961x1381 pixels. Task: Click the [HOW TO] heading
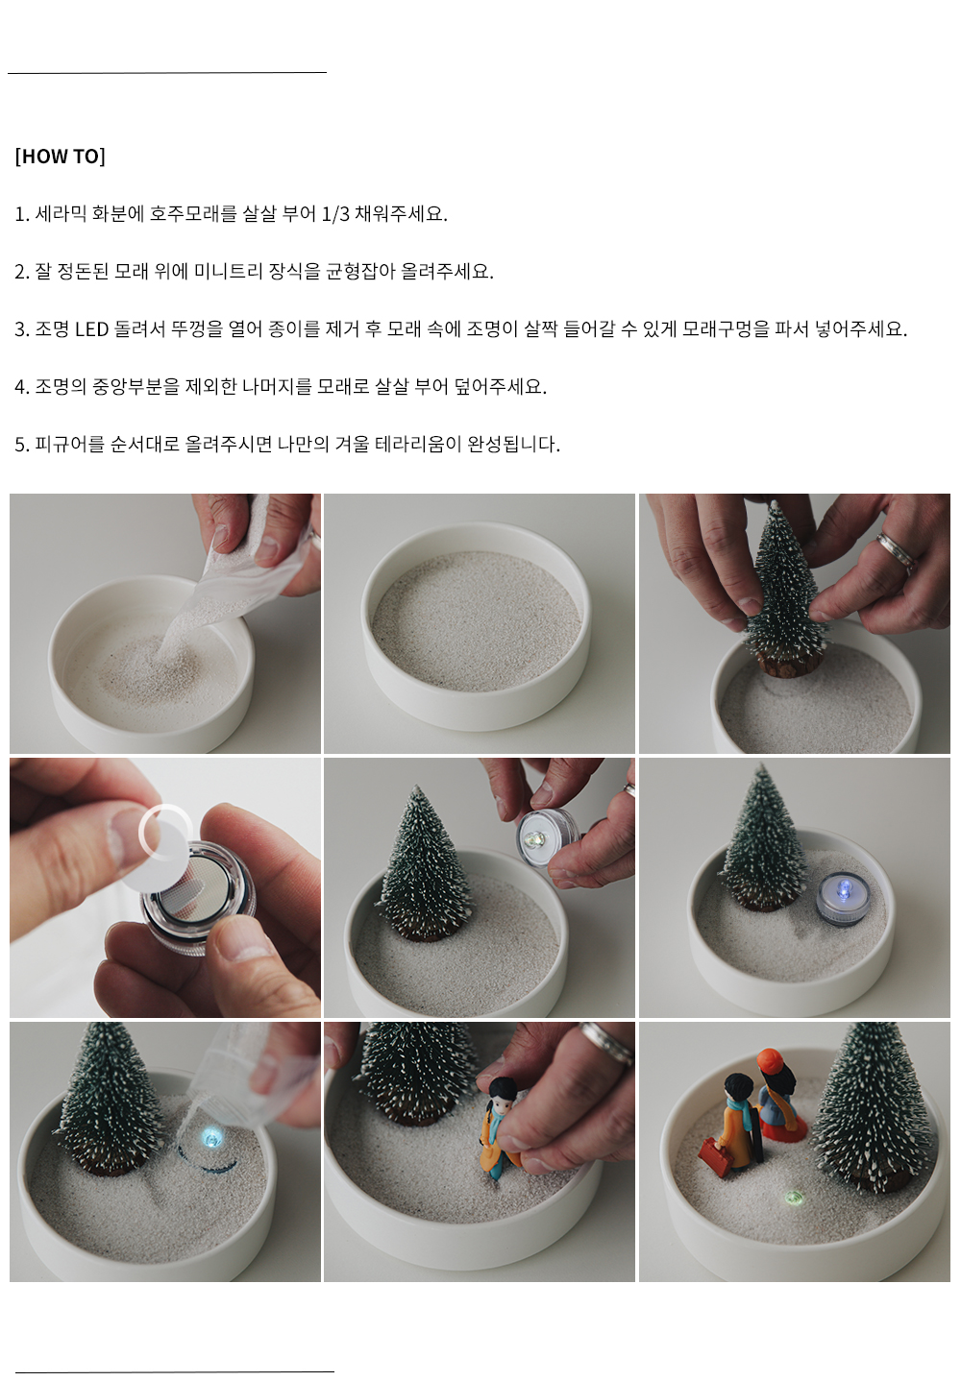point(60,156)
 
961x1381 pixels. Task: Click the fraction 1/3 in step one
point(335,214)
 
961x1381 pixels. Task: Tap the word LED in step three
point(91,329)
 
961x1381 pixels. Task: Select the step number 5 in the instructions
point(20,445)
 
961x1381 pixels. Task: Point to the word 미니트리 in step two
point(229,271)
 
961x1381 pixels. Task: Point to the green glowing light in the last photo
point(794,1198)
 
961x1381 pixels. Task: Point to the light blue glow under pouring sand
point(211,1139)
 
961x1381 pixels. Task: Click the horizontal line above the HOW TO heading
point(166,73)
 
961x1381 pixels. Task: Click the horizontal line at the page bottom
point(175,1371)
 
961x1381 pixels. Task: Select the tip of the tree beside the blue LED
point(763,765)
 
